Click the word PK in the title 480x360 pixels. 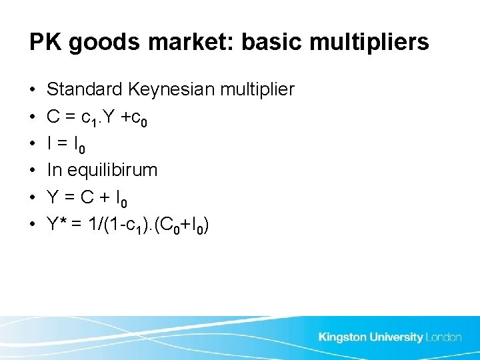pyautogui.click(x=42, y=43)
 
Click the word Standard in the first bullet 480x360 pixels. pyautogui.click(x=84, y=89)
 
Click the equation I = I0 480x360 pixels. pyautogui.click(x=66, y=144)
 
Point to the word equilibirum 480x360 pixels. pyautogui.click(x=113, y=171)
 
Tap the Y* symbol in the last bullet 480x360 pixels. pyautogui.click(x=57, y=225)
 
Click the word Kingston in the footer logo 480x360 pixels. pyautogui.click(x=343, y=337)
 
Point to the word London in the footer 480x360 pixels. pyautogui.click(x=443, y=337)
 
